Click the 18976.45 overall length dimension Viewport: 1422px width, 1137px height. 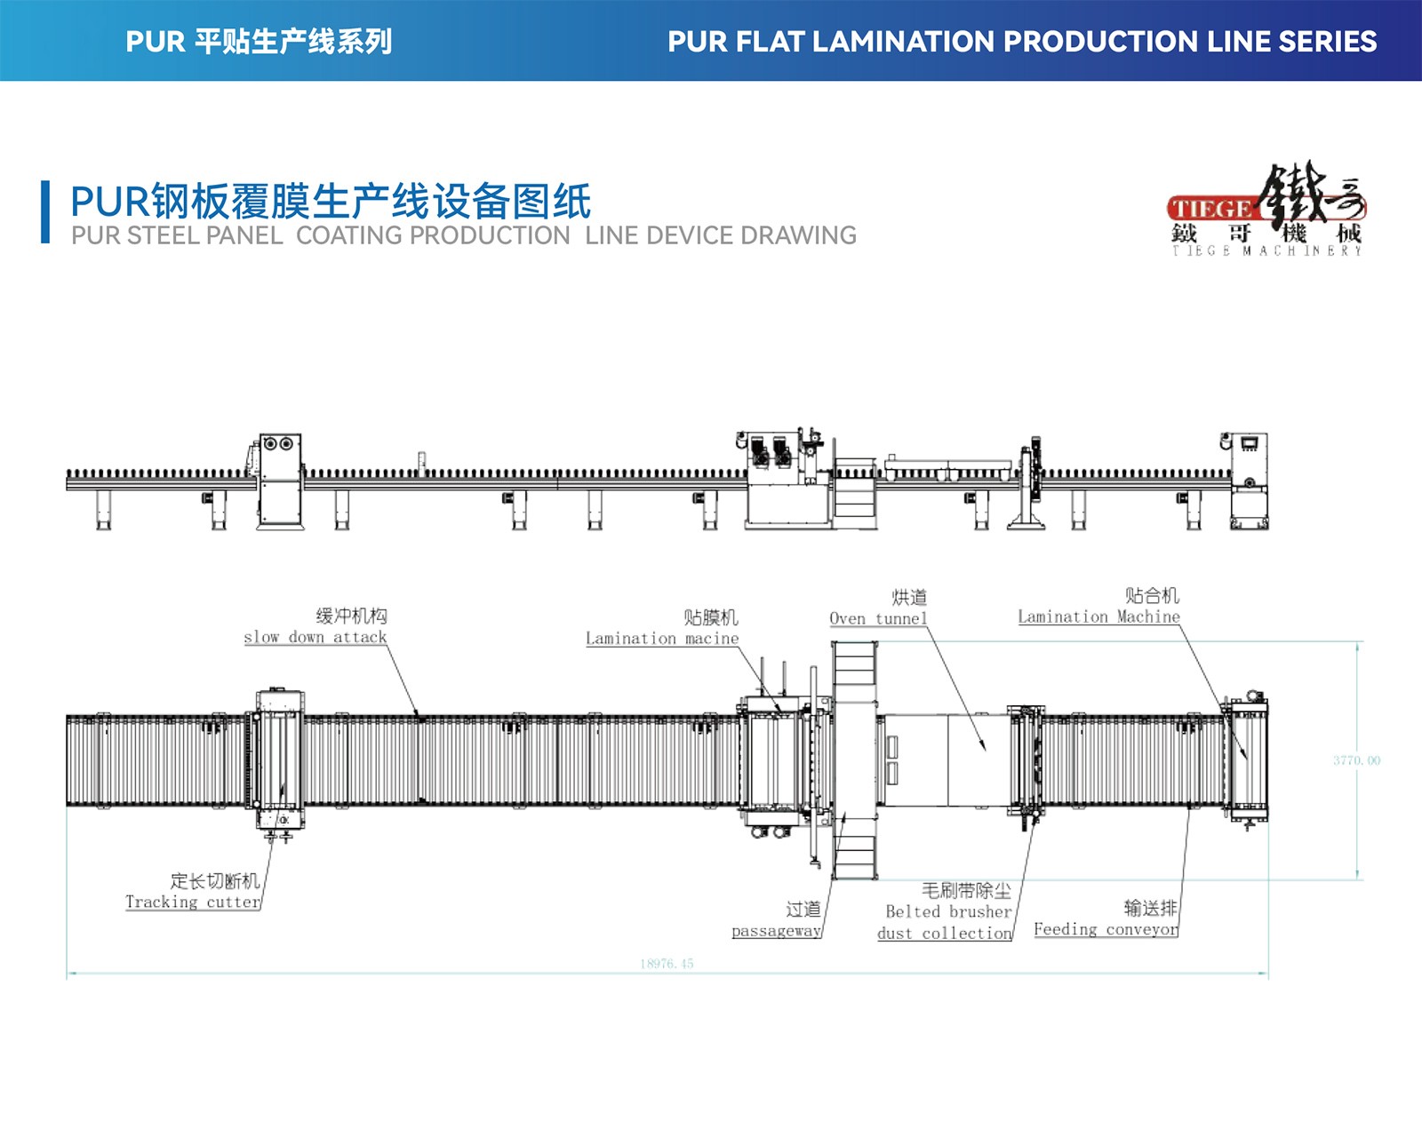click(667, 964)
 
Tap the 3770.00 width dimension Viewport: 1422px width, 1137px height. click(1356, 760)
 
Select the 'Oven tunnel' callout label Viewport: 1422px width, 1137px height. click(878, 619)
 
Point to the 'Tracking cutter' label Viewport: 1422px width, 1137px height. click(193, 902)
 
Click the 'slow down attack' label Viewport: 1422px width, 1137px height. click(316, 638)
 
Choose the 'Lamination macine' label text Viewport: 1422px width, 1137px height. click(662, 639)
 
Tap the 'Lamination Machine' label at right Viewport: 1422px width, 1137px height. click(1098, 617)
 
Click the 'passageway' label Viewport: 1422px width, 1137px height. click(776, 931)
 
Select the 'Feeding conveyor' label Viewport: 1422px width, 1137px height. click(1106, 930)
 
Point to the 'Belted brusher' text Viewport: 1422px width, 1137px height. click(948, 911)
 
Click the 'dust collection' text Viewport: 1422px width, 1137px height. click(945, 934)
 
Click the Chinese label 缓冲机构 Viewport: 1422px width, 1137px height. click(352, 616)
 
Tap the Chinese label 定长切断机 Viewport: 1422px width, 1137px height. click(215, 880)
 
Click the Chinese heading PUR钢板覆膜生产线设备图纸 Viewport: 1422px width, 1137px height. click(331, 202)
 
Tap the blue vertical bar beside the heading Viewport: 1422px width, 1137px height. click(45, 211)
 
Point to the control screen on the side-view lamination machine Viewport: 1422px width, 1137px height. click(1250, 444)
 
